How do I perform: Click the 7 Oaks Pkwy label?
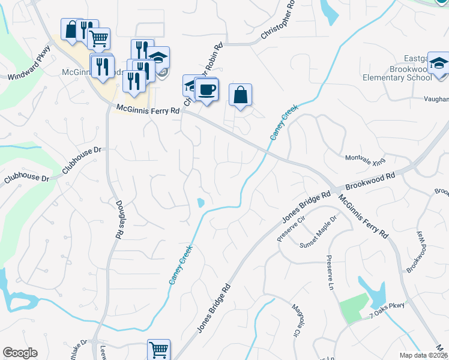(388, 307)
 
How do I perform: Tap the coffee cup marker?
(206, 89)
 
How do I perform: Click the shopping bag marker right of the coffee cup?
(240, 94)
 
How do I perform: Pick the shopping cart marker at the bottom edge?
(158, 349)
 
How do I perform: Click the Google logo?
(20, 353)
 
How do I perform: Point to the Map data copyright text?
(424, 355)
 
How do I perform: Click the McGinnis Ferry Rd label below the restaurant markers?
(148, 110)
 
